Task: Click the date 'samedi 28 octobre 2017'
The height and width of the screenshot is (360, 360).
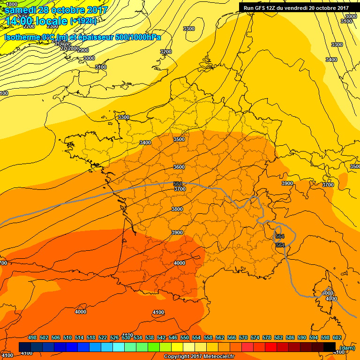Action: (x=56, y=10)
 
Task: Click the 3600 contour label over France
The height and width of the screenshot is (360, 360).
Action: (x=179, y=167)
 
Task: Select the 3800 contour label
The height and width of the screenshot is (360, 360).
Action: (x=177, y=209)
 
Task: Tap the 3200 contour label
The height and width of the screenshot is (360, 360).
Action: (x=166, y=52)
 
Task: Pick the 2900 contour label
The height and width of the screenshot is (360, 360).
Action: (x=82, y=50)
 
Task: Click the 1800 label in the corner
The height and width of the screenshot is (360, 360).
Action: (x=12, y=4)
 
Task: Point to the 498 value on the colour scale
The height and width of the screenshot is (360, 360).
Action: (x=32, y=337)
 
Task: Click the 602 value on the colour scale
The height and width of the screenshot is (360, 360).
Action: (x=337, y=337)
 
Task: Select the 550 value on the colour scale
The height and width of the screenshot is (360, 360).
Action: (x=185, y=337)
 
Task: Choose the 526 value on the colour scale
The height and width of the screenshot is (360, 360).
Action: (x=114, y=337)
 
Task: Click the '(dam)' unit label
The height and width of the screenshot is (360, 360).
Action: (x=347, y=348)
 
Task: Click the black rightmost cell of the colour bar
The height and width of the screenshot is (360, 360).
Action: (x=330, y=347)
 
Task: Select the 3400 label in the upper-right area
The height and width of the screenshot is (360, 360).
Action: (x=331, y=60)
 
